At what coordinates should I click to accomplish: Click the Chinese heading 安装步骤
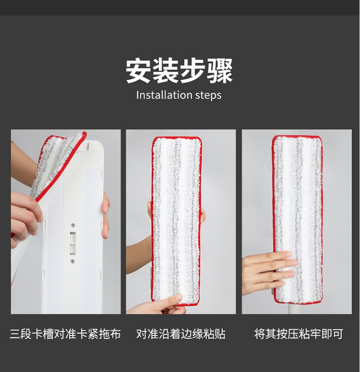[x=179, y=71]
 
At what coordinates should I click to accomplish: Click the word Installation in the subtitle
[x=164, y=95]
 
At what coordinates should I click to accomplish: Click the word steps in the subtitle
[x=208, y=95]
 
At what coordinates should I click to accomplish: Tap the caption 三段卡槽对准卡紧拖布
[x=65, y=334]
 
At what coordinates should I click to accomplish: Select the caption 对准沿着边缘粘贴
[x=180, y=334]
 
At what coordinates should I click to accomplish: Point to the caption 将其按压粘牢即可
[x=299, y=334]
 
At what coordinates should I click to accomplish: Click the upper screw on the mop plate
[x=73, y=225]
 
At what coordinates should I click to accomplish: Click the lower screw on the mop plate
[x=72, y=261]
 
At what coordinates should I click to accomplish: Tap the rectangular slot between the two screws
[x=72, y=243]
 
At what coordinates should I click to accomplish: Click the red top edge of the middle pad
[x=177, y=138]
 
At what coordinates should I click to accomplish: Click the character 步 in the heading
[x=192, y=71]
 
